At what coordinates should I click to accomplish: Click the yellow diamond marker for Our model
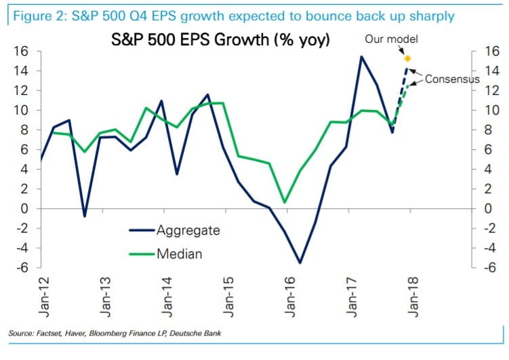click(407, 58)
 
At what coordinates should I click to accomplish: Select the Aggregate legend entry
click(188, 231)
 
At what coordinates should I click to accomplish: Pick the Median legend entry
click(180, 254)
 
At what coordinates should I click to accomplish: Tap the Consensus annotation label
click(452, 79)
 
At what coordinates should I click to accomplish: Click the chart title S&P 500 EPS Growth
click(220, 41)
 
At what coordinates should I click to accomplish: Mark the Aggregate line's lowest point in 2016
click(300, 262)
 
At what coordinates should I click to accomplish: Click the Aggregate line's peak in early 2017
click(361, 56)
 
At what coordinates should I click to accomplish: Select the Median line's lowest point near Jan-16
click(285, 202)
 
